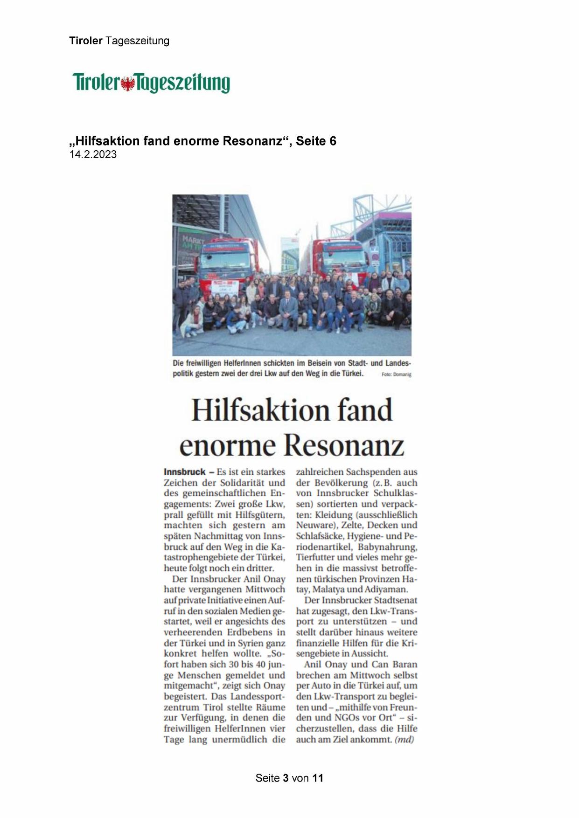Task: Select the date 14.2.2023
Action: [x=93, y=155]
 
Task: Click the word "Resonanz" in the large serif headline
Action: [x=343, y=445]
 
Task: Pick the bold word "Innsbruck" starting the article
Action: [x=185, y=472]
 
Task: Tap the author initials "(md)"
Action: [x=404, y=739]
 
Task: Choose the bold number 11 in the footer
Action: [x=318, y=778]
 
